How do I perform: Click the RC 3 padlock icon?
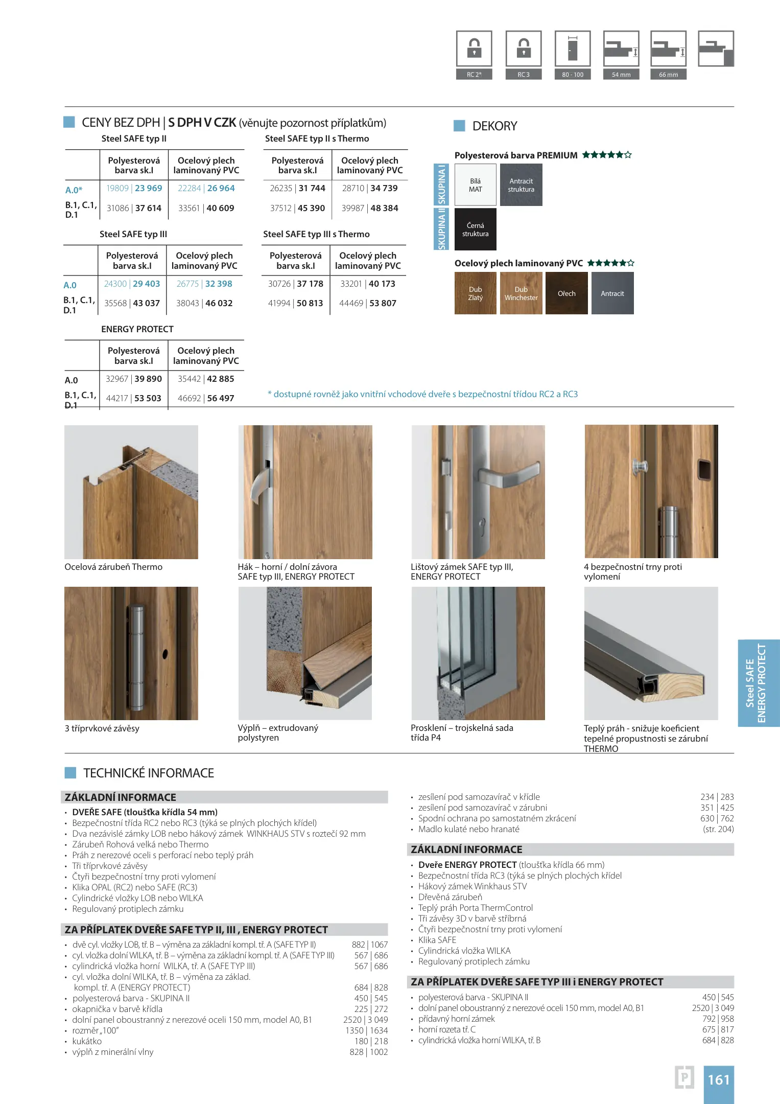pyautogui.click(x=524, y=49)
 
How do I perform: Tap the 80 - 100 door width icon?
pyautogui.click(x=573, y=49)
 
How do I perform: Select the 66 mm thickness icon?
pyautogui.click(x=668, y=49)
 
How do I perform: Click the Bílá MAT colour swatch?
pyautogui.click(x=476, y=185)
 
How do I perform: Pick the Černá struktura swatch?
pyautogui.click(x=476, y=229)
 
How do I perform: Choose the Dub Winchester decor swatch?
pyautogui.click(x=521, y=293)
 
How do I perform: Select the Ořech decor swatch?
pyautogui.click(x=566, y=293)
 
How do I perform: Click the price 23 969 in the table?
pyautogui.click(x=149, y=188)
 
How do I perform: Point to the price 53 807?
pyautogui.click(x=383, y=303)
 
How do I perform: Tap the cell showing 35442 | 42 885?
pyautogui.click(x=206, y=379)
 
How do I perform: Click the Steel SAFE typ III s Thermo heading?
pyautogui.click(x=316, y=234)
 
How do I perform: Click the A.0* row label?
pyautogui.click(x=74, y=190)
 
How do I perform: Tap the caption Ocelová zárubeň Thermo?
pyautogui.click(x=113, y=567)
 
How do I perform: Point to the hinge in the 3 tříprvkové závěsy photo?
pyautogui.click(x=136, y=658)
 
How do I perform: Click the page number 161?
pyautogui.click(x=719, y=1079)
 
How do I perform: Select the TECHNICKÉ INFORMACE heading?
pyautogui.click(x=149, y=773)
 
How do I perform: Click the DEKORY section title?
pyautogui.click(x=494, y=126)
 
